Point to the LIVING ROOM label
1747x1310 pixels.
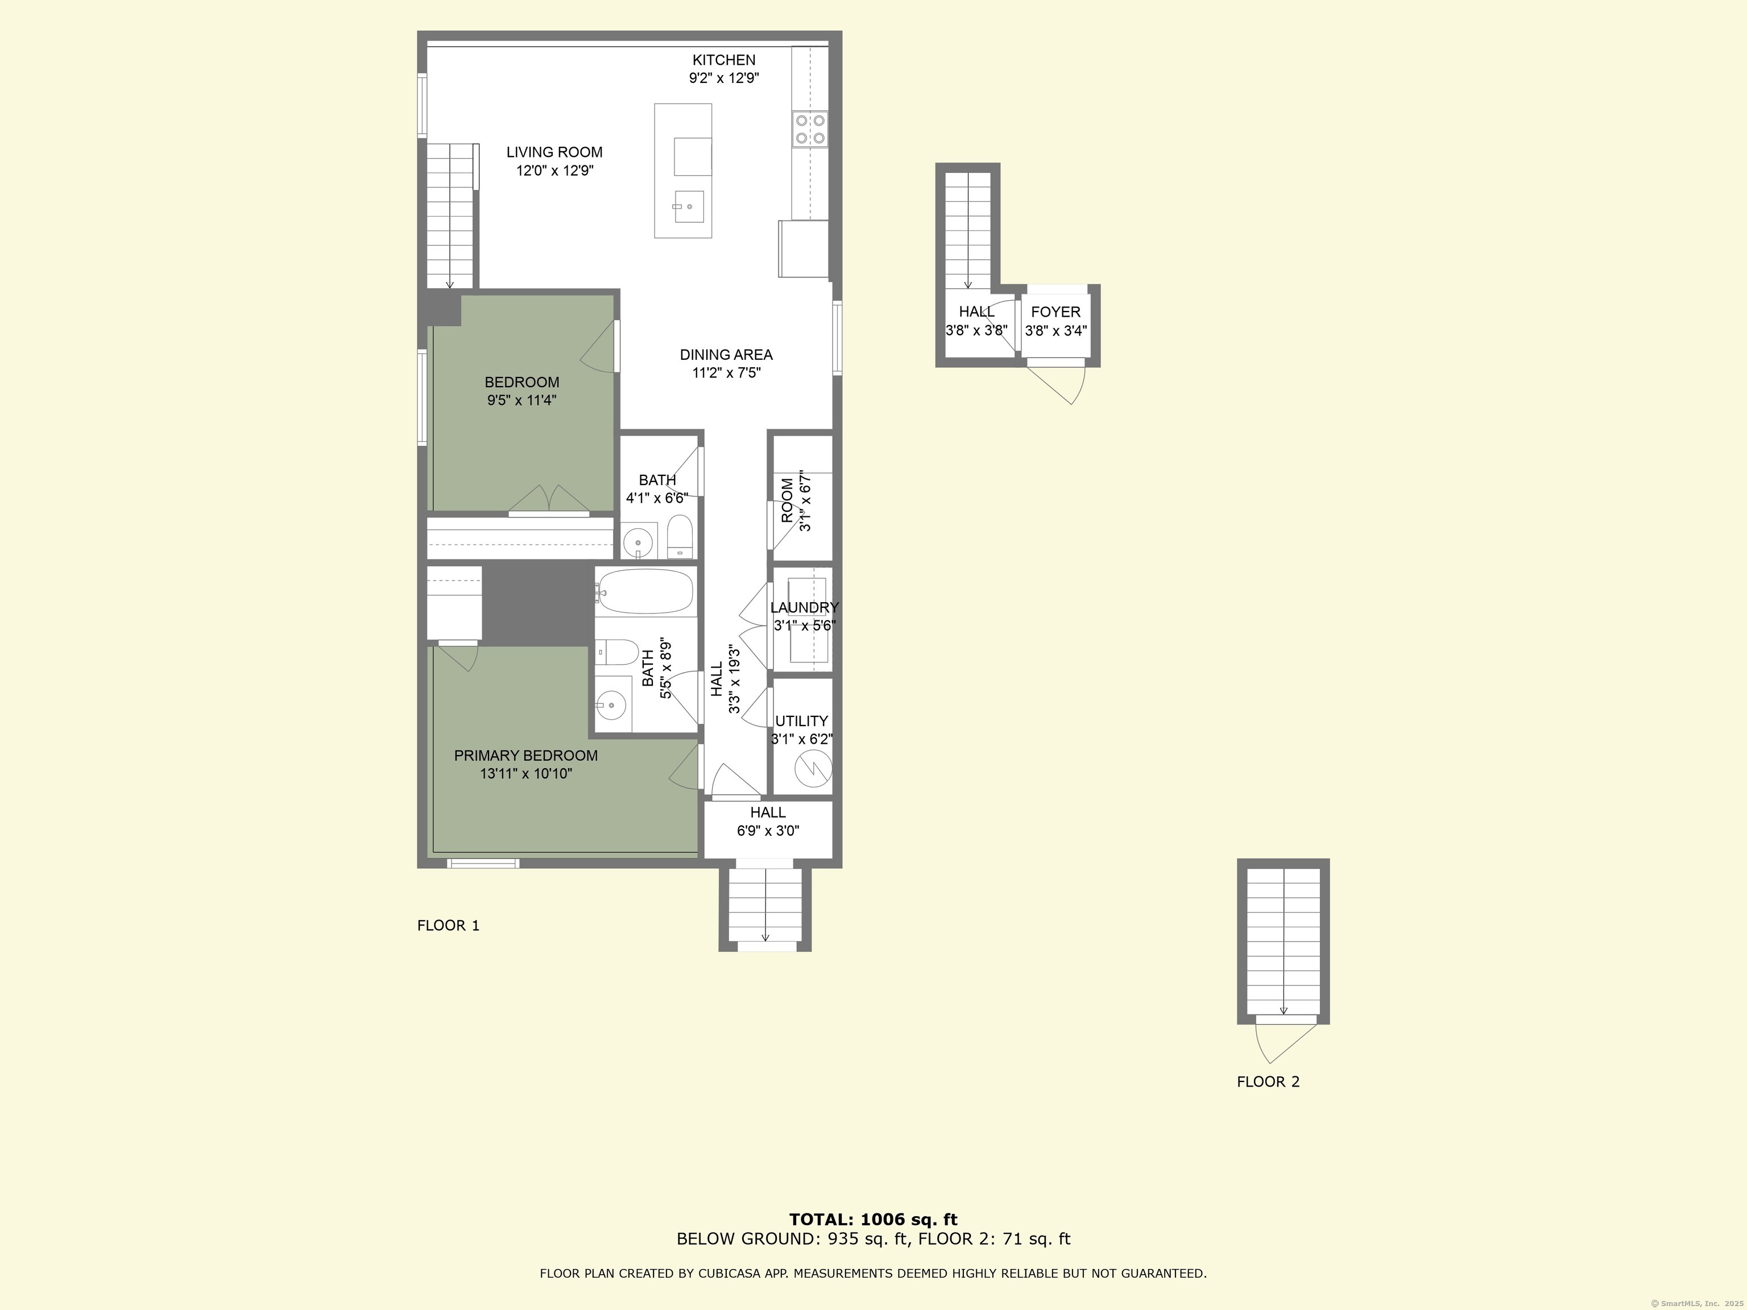point(554,152)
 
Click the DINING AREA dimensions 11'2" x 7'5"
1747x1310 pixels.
point(726,374)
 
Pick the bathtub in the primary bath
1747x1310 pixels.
point(646,591)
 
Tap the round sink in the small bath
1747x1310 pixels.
point(637,543)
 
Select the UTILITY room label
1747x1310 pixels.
point(801,721)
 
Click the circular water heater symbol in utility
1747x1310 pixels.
point(813,768)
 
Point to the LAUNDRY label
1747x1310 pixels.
point(804,607)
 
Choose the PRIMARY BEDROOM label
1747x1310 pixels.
point(525,756)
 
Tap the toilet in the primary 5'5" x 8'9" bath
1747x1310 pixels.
point(618,652)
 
